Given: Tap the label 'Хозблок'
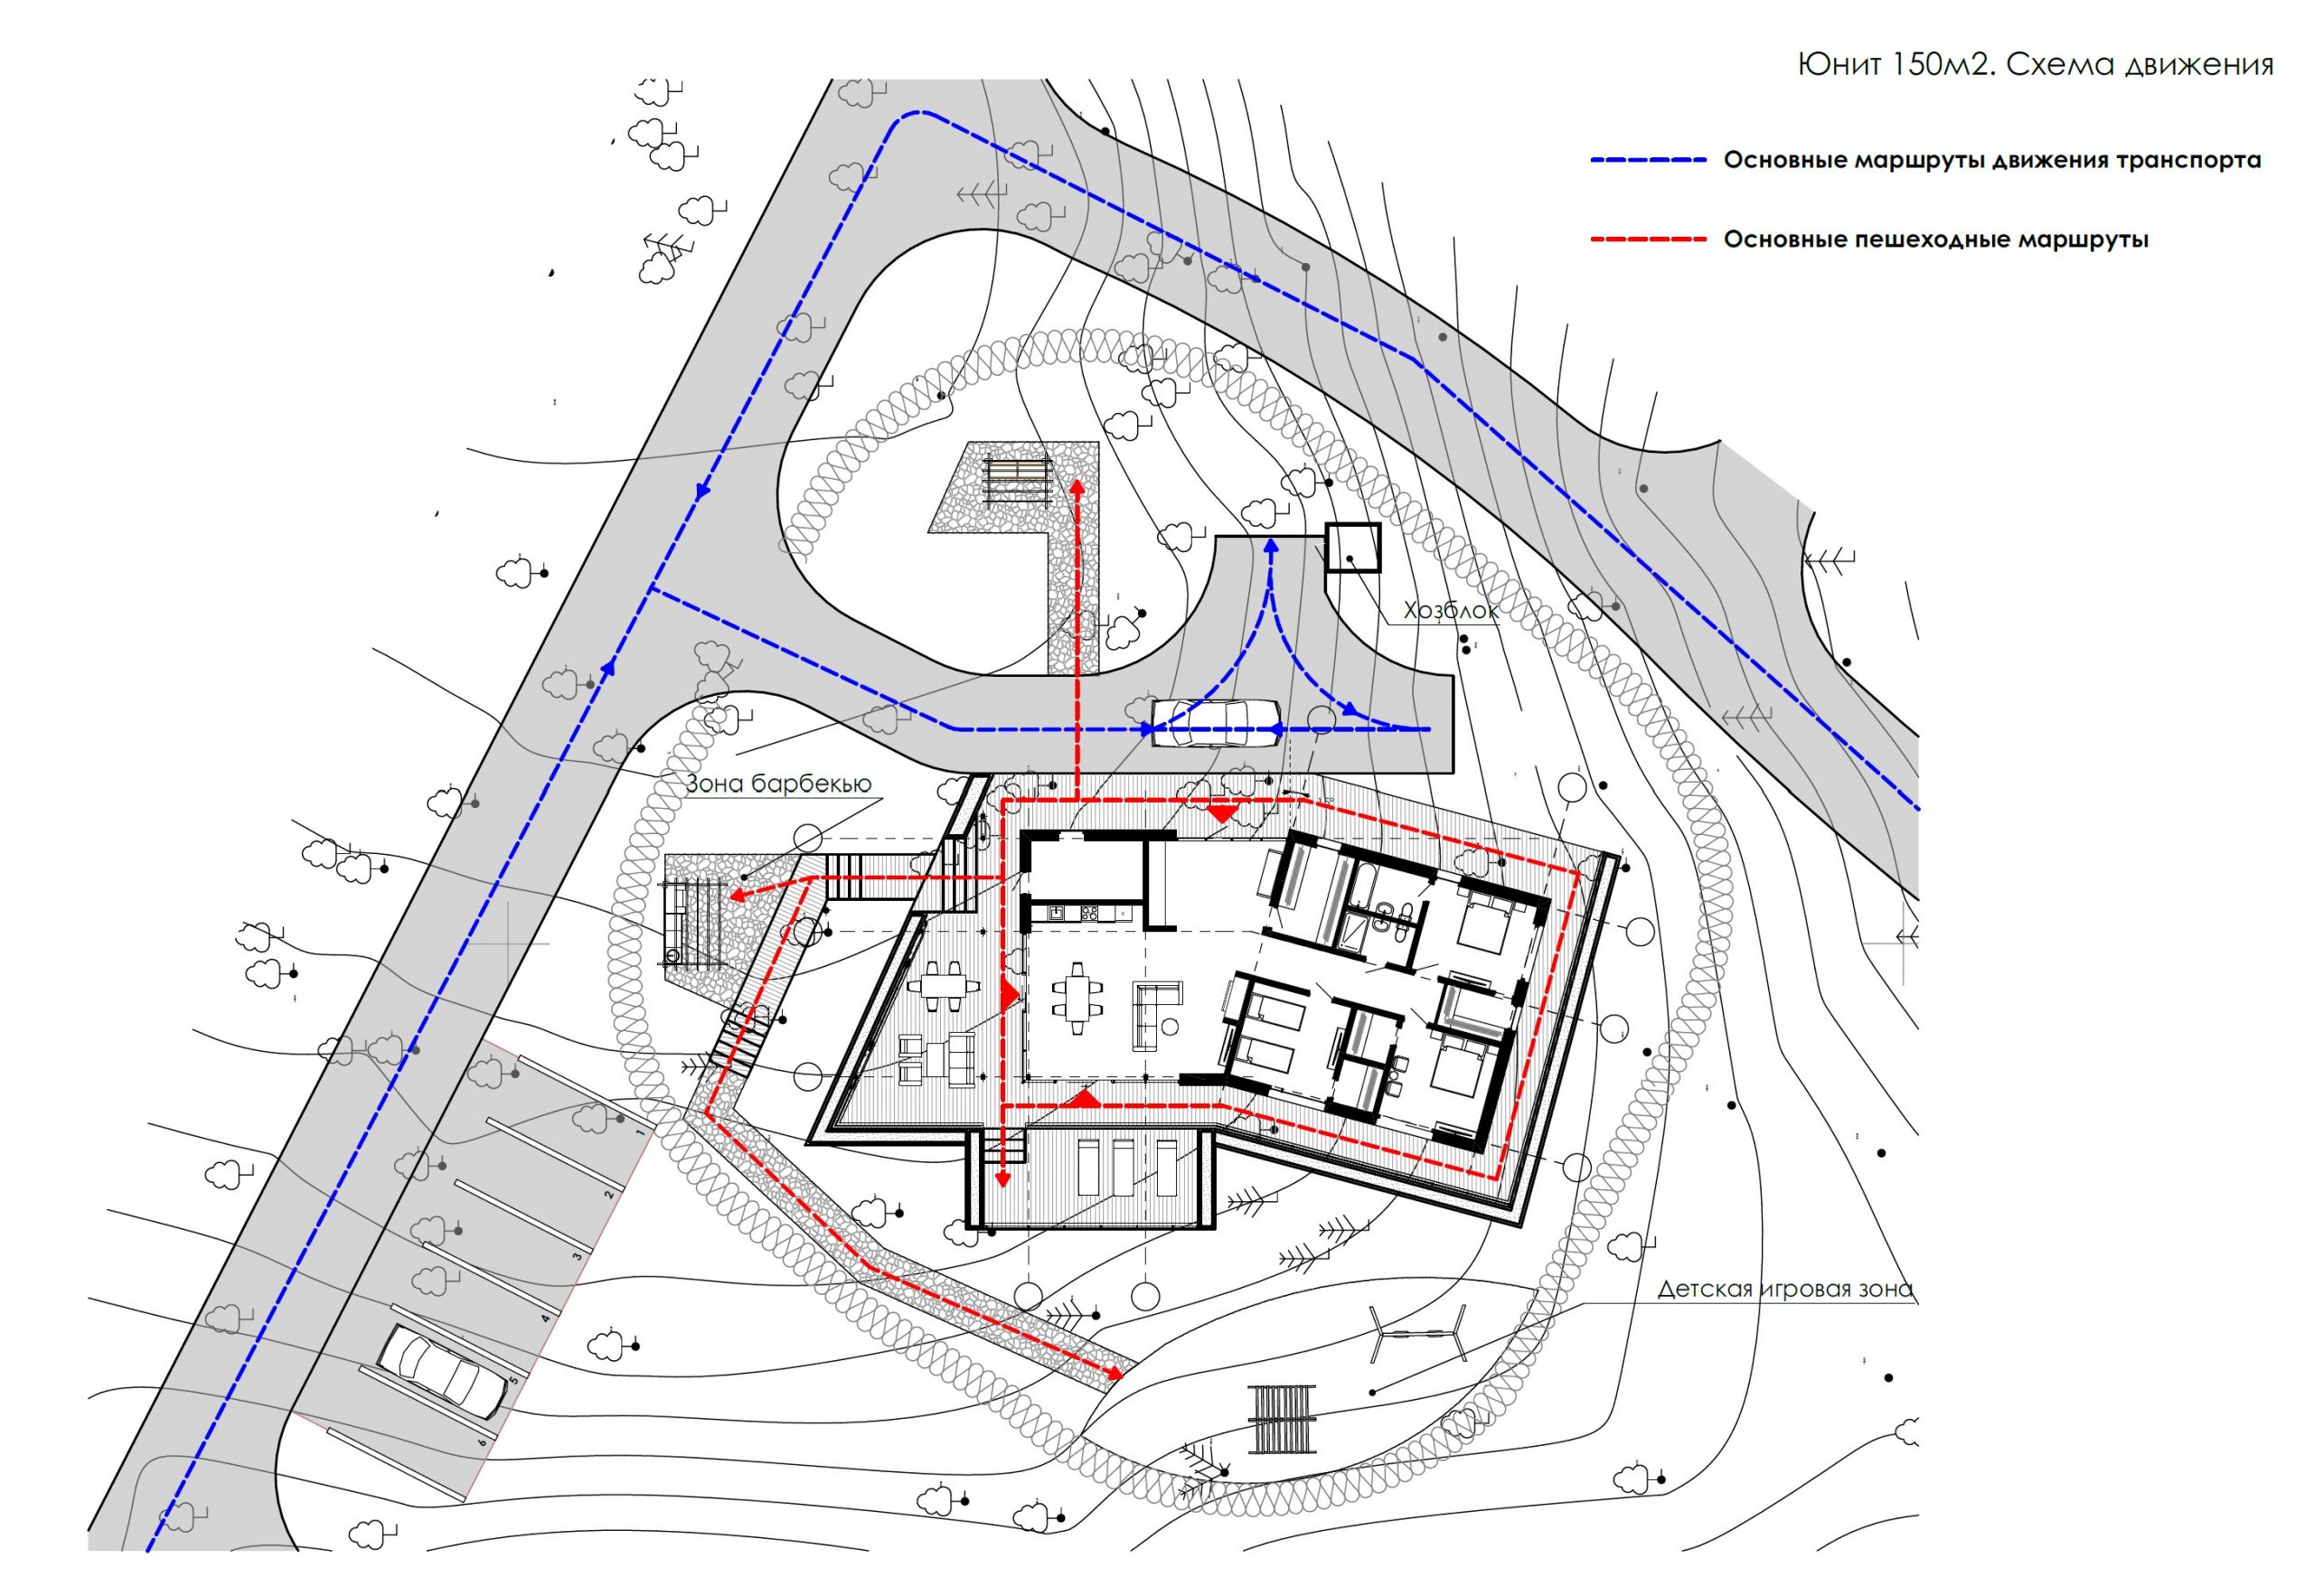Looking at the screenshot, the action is click(x=1451, y=609).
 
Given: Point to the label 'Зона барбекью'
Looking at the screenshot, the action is click(x=778, y=784).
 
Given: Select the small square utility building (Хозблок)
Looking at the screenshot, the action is click(x=1353, y=548).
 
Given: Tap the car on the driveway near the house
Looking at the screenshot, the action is click(x=1216, y=722).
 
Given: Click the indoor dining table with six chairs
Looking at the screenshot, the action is click(x=1077, y=999).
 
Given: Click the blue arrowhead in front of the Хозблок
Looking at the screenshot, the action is click(x=1271, y=547).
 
